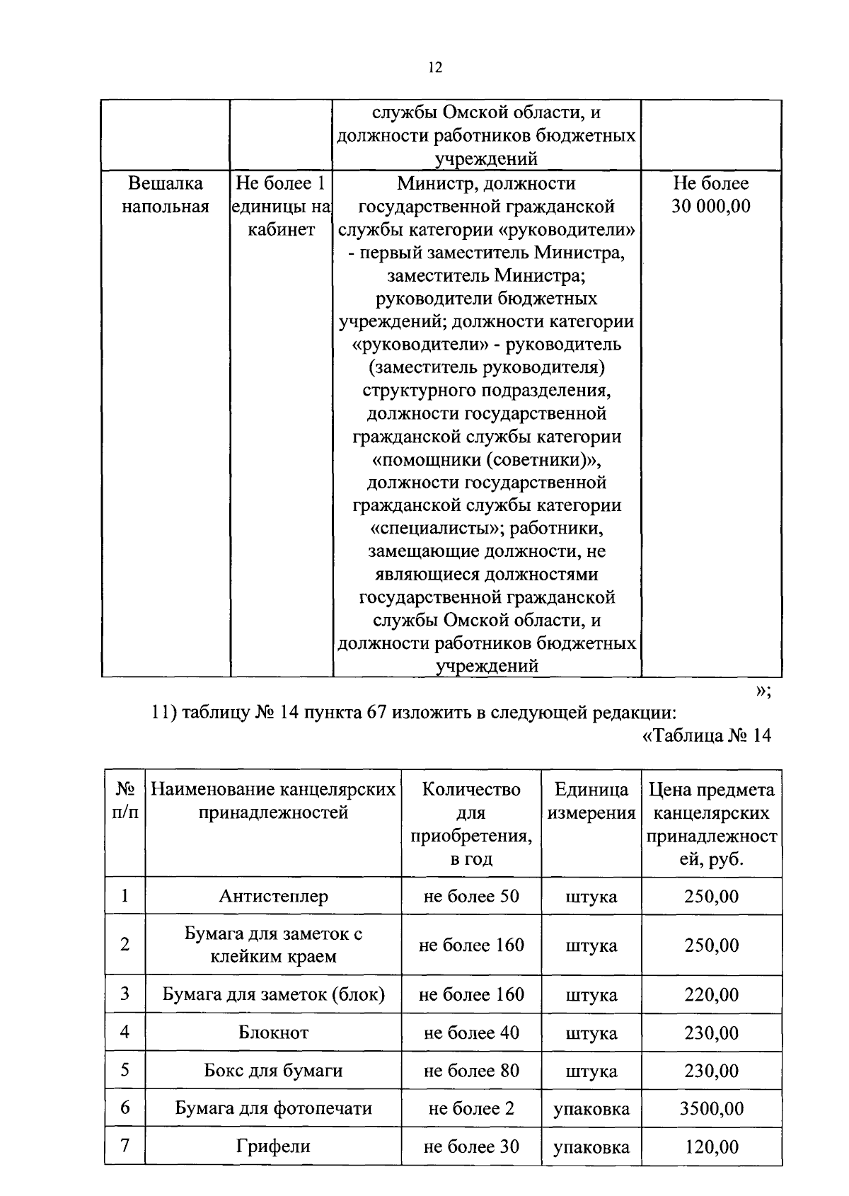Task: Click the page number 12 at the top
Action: tap(435, 68)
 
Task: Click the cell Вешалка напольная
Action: tap(166, 195)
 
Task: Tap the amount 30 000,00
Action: tap(710, 207)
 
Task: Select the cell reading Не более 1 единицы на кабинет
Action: tap(281, 206)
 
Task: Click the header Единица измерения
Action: tap(591, 801)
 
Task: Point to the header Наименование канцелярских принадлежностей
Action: tap(273, 801)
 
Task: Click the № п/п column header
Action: tap(125, 800)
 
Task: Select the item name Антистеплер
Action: tap(273, 896)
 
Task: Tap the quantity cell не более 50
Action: tap(471, 896)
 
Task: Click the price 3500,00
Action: tap(711, 1108)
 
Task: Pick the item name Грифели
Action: tap(273, 1146)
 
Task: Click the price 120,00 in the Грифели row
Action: tap(711, 1146)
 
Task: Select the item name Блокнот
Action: tap(273, 1033)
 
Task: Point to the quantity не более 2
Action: tap(471, 1108)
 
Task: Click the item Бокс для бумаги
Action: tap(273, 1071)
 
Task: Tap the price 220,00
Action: tap(711, 994)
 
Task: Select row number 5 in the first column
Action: tap(125, 1070)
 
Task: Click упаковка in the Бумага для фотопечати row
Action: tap(591, 1109)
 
